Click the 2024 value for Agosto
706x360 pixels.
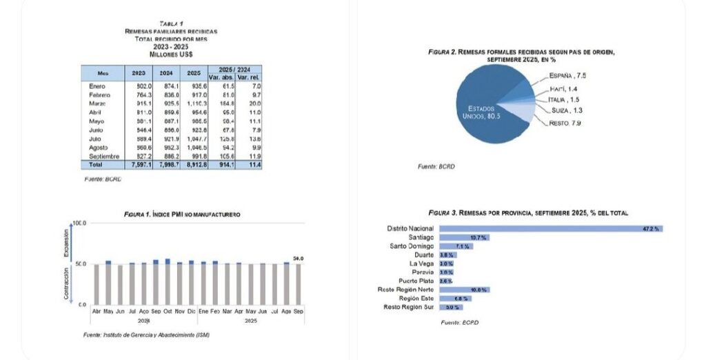[168, 147]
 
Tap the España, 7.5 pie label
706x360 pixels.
[567, 74]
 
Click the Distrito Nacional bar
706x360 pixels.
[551, 228]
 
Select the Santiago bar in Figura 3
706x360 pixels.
[465, 237]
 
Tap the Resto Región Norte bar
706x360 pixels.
[464, 290]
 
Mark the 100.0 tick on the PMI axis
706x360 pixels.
[79, 223]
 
